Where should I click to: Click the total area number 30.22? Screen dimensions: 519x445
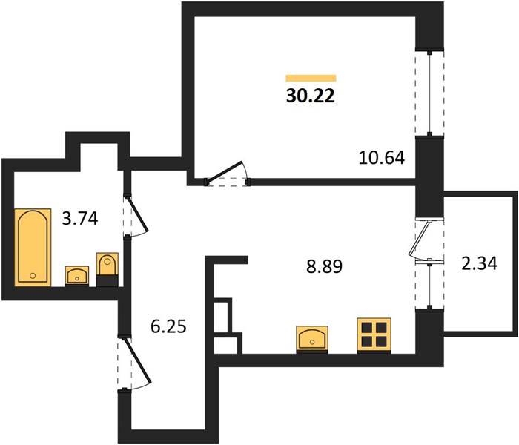click(x=311, y=96)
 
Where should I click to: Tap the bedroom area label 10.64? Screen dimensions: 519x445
click(x=382, y=157)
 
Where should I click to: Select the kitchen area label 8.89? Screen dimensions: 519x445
click(x=325, y=266)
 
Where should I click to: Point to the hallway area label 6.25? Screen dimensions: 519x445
click(x=168, y=326)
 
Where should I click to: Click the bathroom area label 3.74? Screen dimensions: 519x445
click(x=80, y=219)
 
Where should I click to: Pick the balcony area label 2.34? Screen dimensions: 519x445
click(x=480, y=264)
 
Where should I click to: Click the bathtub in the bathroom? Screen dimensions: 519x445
click(x=33, y=247)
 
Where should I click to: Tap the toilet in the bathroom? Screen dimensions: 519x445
click(x=108, y=269)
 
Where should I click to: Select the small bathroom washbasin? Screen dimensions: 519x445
click(x=77, y=275)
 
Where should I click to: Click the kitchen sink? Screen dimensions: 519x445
click(x=312, y=339)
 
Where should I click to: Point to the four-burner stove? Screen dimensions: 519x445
click(x=374, y=335)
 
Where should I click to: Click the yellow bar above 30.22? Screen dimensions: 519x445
click(x=311, y=78)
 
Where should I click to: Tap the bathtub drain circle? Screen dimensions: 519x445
click(x=33, y=275)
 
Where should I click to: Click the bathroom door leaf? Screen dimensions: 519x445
click(x=136, y=214)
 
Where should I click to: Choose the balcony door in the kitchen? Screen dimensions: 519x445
click(x=420, y=238)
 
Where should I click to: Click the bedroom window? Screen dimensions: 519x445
click(x=429, y=93)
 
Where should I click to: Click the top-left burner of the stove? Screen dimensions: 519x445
click(x=367, y=328)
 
